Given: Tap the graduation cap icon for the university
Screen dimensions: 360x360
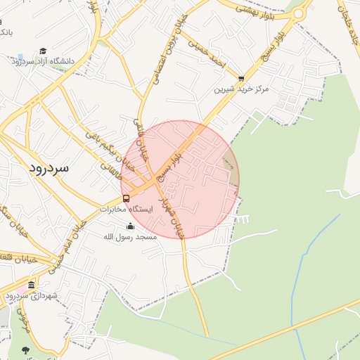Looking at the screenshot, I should click(43, 51).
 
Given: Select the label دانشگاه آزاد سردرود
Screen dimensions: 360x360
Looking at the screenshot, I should click(42, 61).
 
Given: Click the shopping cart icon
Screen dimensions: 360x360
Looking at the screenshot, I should click(242, 79).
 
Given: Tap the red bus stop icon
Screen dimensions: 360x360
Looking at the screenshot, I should click(126, 198).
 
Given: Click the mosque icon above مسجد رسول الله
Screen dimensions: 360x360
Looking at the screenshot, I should click(130, 226).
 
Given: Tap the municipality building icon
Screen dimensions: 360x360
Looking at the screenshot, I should click(31, 285).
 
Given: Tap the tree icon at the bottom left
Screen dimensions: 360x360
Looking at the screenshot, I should click(26, 349).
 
